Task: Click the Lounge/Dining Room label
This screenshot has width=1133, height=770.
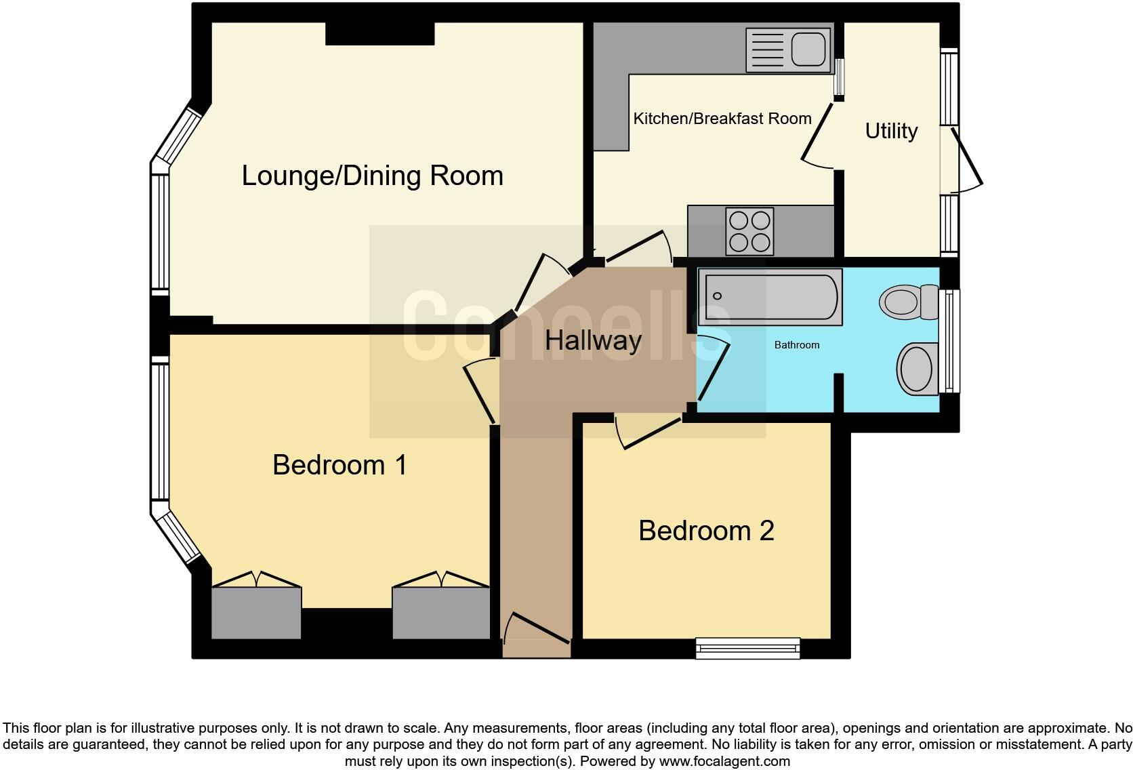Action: click(372, 176)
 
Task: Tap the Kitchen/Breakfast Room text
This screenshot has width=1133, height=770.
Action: click(722, 119)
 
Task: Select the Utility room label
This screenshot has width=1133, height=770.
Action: click(890, 131)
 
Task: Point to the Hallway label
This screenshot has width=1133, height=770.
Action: click(593, 340)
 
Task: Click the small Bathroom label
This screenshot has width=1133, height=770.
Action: click(796, 345)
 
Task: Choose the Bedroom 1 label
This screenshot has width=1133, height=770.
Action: click(339, 465)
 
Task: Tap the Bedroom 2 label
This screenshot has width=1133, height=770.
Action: click(705, 530)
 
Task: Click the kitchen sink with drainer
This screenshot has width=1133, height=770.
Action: click(788, 49)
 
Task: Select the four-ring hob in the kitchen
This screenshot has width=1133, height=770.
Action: click(749, 231)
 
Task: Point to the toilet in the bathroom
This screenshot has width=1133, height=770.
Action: click(906, 300)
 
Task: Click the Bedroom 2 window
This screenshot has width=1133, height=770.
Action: click(747, 648)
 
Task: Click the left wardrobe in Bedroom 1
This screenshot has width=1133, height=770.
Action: click(256, 613)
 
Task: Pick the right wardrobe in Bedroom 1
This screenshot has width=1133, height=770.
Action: click(440, 613)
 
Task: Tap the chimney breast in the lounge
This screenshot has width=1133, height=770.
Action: click(379, 33)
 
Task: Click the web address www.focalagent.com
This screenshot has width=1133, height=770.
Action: click(724, 761)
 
